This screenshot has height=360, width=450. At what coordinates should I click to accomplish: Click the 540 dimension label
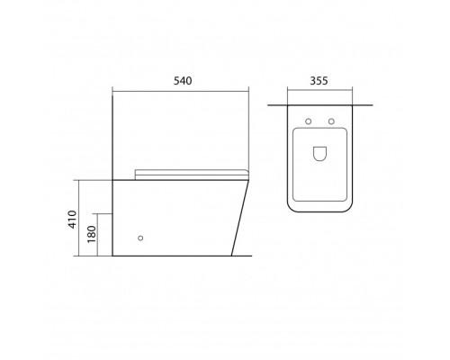point(183,81)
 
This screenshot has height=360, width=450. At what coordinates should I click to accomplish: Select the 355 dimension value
point(319,81)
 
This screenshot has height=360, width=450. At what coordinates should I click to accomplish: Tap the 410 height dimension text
point(73,220)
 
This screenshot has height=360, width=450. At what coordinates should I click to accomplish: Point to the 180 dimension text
point(92,234)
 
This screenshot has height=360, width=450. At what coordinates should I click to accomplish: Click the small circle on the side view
point(140,238)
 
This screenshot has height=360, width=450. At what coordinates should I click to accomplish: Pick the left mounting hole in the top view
point(308,121)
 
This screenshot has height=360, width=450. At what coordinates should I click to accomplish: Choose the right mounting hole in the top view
point(331,121)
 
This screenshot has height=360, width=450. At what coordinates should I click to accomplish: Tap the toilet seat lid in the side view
point(192,175)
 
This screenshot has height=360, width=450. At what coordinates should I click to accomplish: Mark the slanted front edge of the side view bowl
point(240,218)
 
